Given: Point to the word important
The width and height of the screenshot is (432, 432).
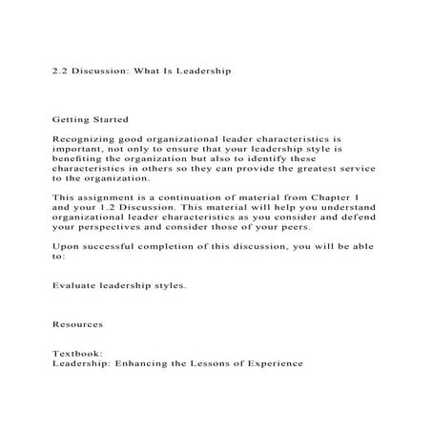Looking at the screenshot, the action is [78, 149].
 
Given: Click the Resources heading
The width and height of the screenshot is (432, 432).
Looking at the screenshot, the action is [79, 323].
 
